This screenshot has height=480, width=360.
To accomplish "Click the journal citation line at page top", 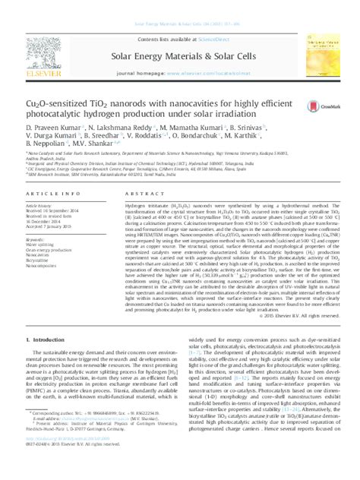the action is tap(179, 5).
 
